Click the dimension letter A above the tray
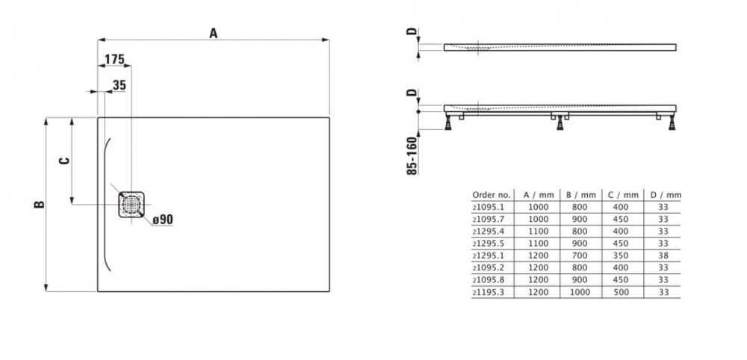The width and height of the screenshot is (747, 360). click(x=214, y=33)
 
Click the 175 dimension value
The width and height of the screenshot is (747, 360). click(x=114, y=60)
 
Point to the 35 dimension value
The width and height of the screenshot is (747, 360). click(x=119, y=85)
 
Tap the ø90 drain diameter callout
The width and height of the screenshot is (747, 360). click(x=162, y=220)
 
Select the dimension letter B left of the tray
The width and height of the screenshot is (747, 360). click(x=40, y=204)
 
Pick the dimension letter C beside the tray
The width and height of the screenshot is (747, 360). click(x=64, y=160)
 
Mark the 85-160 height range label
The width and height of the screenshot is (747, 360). click(x=412, y=155)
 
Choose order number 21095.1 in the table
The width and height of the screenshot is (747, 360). click(x=488, y=205)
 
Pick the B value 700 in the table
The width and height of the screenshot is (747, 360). click(x=579, y=255)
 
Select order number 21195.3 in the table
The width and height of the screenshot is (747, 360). click(x=488, y=292)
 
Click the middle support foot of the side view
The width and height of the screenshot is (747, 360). click(x=560, y=123)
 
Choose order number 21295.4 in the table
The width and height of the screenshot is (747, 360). click(x=488, y=230)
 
